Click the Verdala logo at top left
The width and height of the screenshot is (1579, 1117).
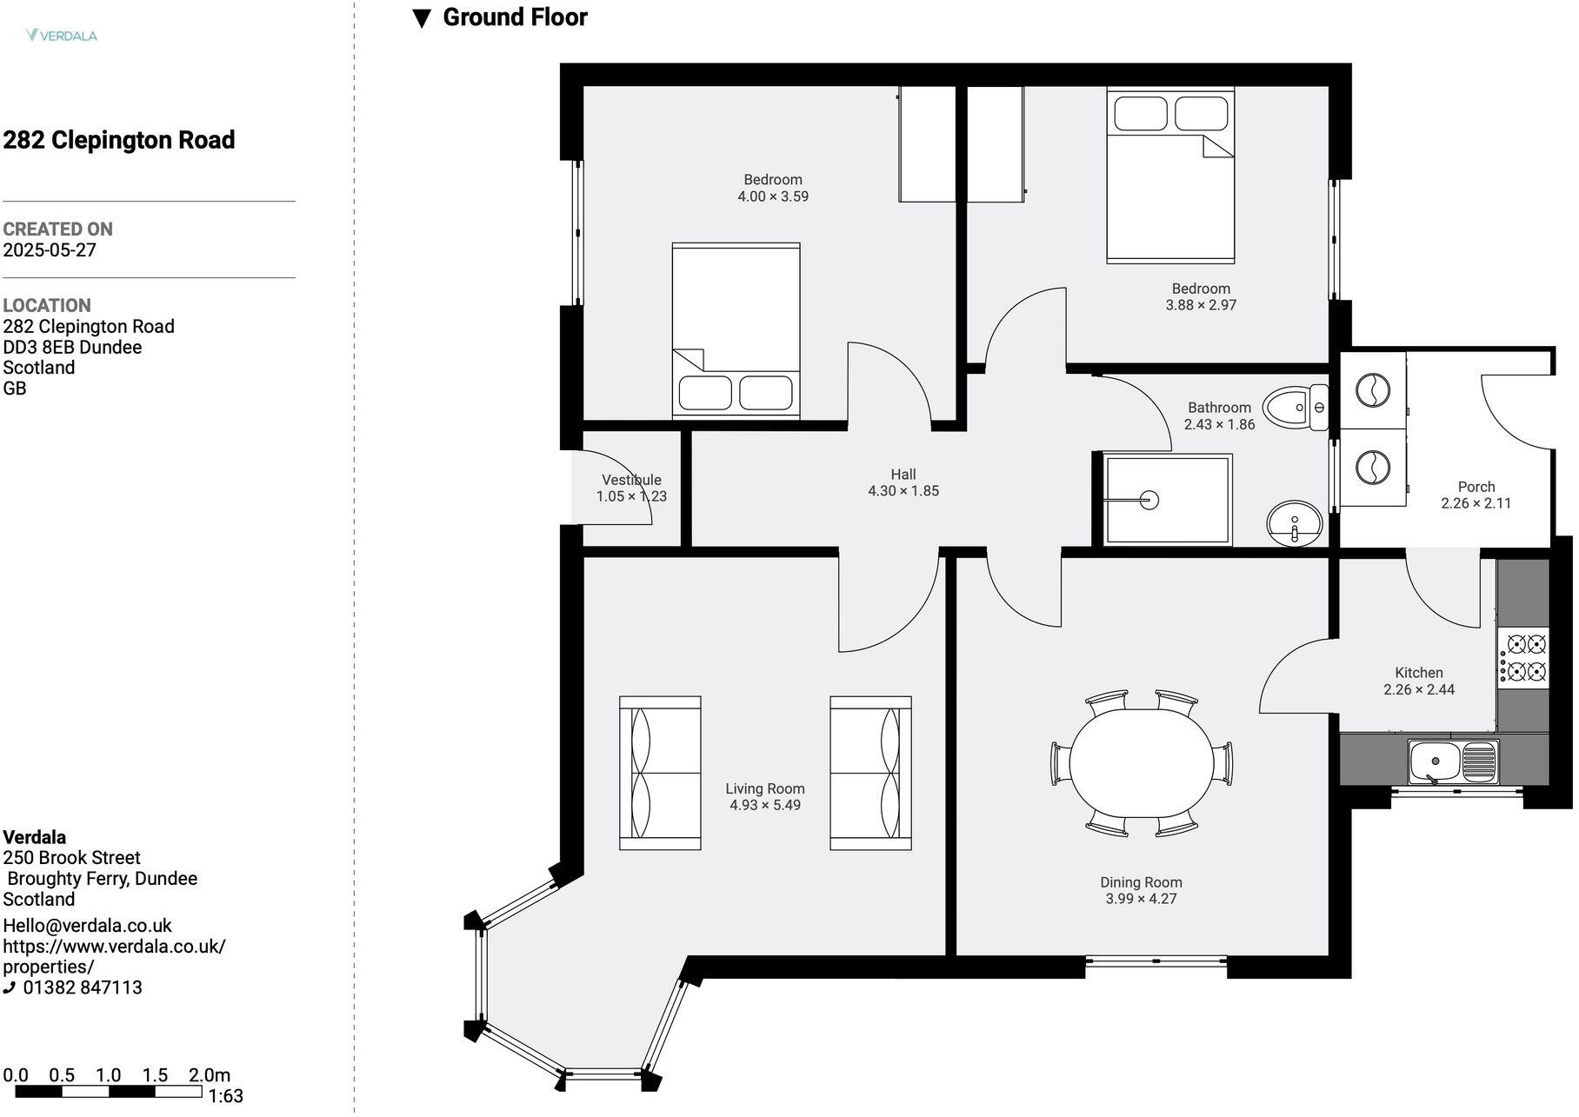[62, 36]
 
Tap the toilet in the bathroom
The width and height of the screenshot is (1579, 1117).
[1295, 408]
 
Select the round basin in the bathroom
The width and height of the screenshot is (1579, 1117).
[1294, 523]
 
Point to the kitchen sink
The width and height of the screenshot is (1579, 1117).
[1453, 761]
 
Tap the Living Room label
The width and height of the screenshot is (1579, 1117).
[764, 788]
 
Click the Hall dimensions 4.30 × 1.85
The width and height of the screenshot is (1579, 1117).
[903, 491]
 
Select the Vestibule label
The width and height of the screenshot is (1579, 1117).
[631, 480]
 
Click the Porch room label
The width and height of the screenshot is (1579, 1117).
[1476, 487]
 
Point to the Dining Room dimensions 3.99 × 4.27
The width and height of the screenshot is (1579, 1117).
[1141, 899]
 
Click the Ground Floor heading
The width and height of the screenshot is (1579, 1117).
[515, 17]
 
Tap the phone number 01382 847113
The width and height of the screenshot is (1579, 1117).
[83, 987]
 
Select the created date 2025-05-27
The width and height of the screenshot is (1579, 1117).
[50, 250]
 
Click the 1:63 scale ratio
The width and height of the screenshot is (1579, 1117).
[226, 1096]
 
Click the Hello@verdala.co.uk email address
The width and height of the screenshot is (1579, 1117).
[88, 926]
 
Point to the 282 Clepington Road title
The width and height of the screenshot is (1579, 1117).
[119, 140]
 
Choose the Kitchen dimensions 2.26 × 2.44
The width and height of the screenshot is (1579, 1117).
[1419, 689]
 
